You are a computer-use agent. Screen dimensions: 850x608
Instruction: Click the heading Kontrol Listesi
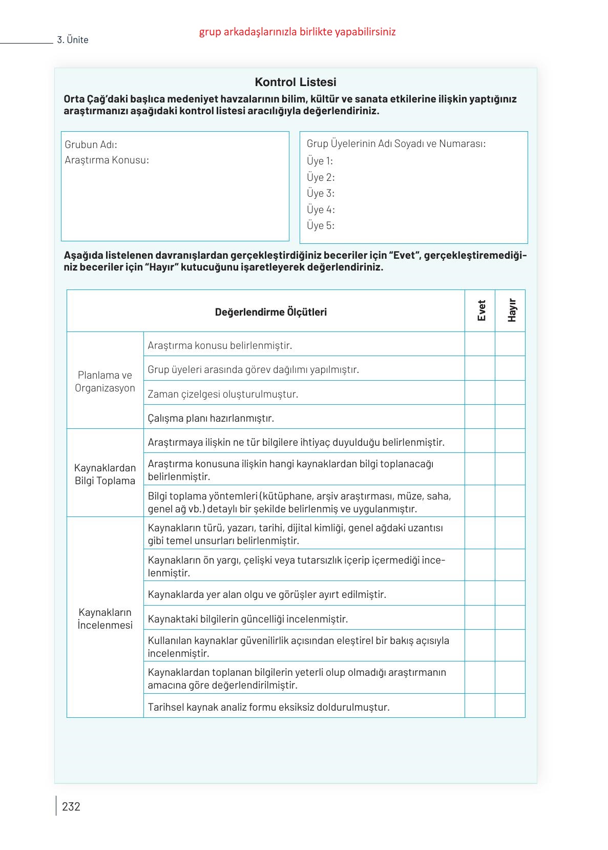(296, 82)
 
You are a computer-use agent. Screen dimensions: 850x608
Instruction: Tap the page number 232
(71, 806)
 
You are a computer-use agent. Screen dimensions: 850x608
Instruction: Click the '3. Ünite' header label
(73, 40)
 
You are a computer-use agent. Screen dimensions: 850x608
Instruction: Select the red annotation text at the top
(297, 32)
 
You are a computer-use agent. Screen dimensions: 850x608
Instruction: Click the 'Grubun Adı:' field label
(91, 144)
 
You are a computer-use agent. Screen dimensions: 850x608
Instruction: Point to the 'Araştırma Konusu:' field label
(107, 160)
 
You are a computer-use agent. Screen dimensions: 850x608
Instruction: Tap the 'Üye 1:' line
(320, 161)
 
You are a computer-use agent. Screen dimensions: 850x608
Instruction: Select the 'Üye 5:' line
(321, 225)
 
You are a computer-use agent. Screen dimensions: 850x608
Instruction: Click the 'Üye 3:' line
(321, 193)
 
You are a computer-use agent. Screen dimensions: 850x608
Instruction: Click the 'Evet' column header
(480, 310)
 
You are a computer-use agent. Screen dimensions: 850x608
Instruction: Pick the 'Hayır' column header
(511, 310)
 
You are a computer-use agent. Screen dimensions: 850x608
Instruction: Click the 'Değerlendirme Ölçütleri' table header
(270, 312)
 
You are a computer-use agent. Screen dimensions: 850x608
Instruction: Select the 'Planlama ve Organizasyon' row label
(105, 381)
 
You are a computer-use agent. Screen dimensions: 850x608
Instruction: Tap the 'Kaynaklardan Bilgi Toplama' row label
(105, 474)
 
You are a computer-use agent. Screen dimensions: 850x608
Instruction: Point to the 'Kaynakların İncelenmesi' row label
(105, 618)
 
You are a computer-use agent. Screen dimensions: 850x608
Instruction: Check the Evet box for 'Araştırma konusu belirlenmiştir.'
(480, 344)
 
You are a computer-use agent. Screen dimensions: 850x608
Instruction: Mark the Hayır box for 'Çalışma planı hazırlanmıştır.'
(510, 417)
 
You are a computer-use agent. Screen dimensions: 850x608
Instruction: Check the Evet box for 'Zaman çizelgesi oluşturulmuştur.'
(480, 393)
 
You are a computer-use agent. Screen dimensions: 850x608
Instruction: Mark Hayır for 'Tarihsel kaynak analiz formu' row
(510, 706)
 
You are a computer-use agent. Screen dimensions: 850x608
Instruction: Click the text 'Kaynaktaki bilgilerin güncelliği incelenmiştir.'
(248, 619)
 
